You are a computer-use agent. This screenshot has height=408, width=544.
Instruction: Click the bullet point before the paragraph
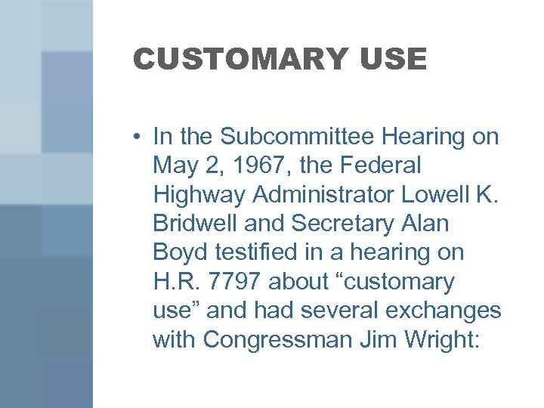click(136, 137)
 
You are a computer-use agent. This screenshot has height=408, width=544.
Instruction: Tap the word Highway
click(199, 195)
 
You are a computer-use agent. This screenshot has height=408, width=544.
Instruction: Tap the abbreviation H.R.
click(179, 282)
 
